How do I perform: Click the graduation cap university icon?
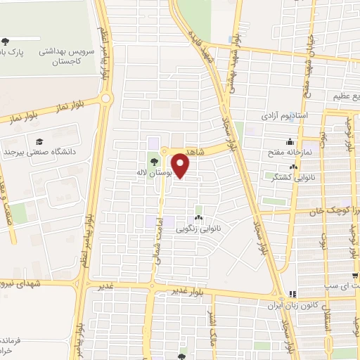(x=38, y=141)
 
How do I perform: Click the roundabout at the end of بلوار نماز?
(x=105, y=99)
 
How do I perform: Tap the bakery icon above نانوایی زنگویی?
(x=199, y=218)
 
